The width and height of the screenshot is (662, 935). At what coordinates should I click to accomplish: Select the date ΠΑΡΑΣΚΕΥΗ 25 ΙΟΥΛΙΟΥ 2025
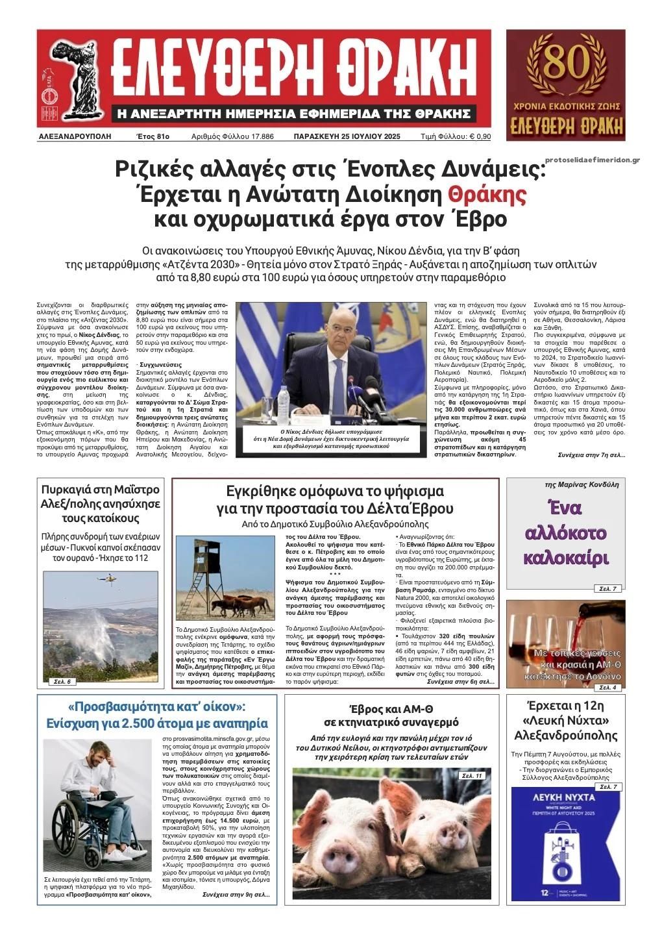tap(347, 137)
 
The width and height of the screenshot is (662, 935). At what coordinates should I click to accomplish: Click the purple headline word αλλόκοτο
tap(565, 534)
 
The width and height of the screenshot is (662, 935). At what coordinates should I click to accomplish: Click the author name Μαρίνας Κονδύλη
tap(582, 484)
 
